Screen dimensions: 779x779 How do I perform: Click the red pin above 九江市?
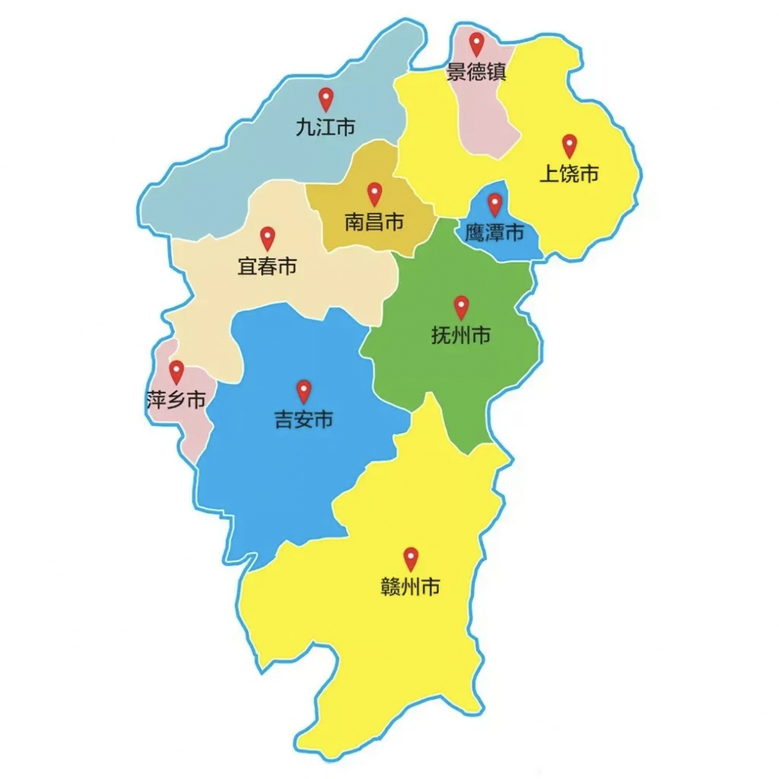pyautogui.click(x=326, y=98)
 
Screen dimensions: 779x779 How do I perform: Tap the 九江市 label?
pyautogui.click(x=326, y=127)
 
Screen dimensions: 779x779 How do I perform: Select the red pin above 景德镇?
pyautogui.click(x=477, y=43)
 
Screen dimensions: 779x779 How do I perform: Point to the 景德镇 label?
pyautogui.click(x=477, y=72)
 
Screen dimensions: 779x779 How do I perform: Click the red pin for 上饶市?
pyautogui.click(x=569, y=145)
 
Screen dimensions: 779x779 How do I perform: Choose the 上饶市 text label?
pyautogui.click(x=569, y=174)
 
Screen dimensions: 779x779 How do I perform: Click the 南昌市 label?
pyautogui.click(x=374, y=222)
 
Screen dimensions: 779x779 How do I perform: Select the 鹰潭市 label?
pyautogui.click(x=494, y=232)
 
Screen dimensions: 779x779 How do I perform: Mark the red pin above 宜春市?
pyautogui.click(x=268, y=237)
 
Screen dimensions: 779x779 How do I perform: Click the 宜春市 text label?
pyautogui.click(x=267, y=267)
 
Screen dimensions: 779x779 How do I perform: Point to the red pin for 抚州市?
pyautogui.click(x=462, y=306)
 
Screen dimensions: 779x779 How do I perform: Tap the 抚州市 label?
pyautogui.click(x=461, y=335)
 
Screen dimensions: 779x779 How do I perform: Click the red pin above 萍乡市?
pyautogui.click(x=176, y=371)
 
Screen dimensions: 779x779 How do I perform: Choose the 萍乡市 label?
pyautogui.click(x=176, y=400)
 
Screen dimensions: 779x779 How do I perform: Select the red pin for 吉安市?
pyautogui.click(x=304, y=391)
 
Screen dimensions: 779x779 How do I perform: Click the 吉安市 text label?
pyautogui.click(x=303, y=420)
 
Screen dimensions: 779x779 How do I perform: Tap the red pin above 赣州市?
pyautogui.click(x=411, y=557)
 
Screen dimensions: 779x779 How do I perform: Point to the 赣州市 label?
pyautogui.click(x=410, y=587)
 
